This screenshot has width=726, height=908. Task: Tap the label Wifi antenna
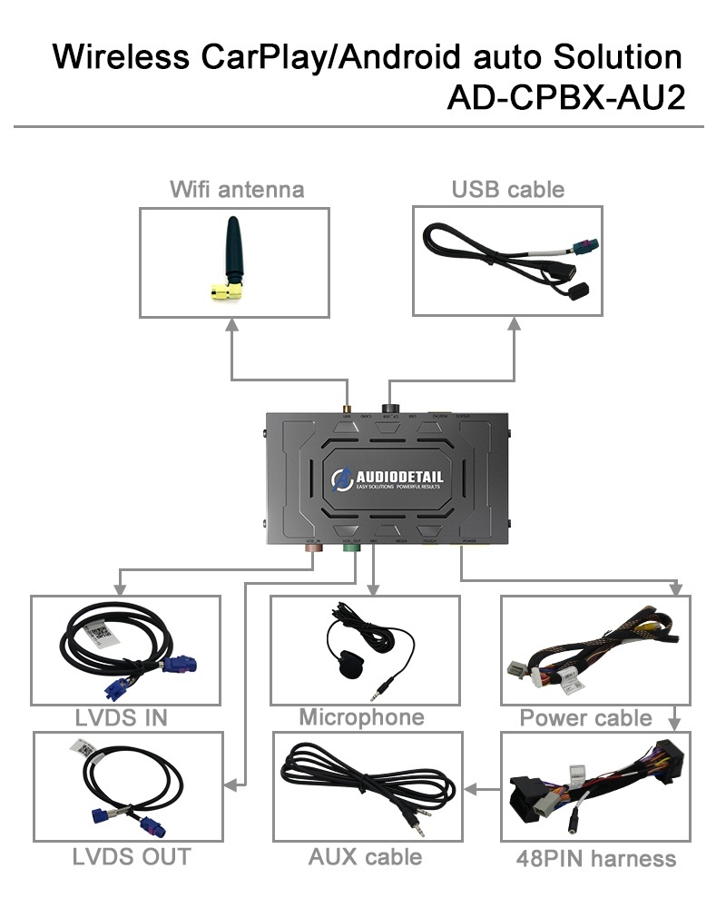tap(237, 189)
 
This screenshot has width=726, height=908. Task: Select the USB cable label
tap(507, 189)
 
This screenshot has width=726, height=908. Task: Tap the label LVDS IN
tap(123, 717)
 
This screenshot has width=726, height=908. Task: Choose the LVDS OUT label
tap(132, 855)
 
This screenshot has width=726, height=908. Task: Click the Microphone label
tap(361, 717)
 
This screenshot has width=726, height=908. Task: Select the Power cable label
tap(585, 717)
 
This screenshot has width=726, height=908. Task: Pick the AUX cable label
tap(365, 855)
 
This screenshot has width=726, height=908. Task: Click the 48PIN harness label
tap(596, 857)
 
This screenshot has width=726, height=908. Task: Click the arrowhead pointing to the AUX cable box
tap(470, 789)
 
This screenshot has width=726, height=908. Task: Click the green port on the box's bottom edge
tap(348, 547)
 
